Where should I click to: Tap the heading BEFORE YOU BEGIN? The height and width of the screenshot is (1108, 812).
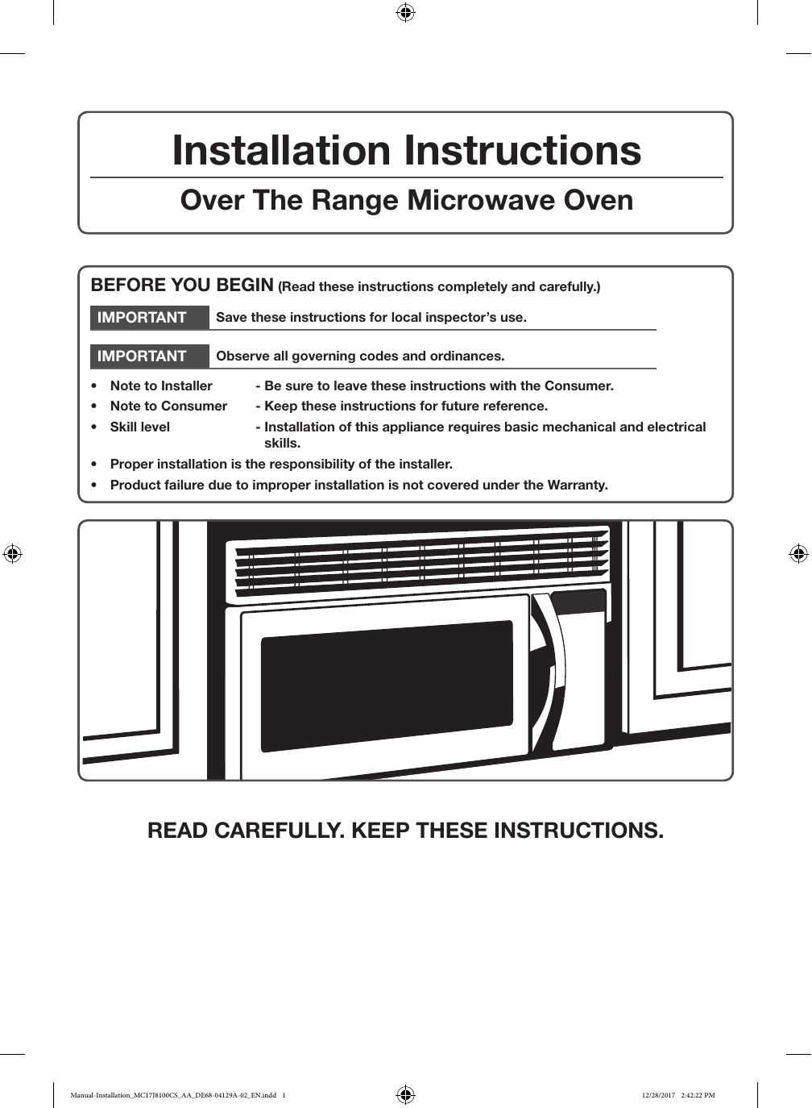coord(182,285)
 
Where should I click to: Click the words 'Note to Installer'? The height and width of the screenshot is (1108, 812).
coord(161,386)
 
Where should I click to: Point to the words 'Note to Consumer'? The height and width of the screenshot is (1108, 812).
coord(168,406)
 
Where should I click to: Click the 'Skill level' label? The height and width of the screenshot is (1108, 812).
coord(140,427)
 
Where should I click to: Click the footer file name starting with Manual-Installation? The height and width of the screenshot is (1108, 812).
coord(173,1095)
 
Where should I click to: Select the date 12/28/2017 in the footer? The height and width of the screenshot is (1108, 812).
coord(658,1095)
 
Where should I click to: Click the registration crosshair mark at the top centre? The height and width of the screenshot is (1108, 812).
coord(406,12)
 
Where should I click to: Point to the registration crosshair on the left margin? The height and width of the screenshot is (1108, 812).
coord(12,554)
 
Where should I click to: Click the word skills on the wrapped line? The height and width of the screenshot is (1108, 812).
coord(282,444)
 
